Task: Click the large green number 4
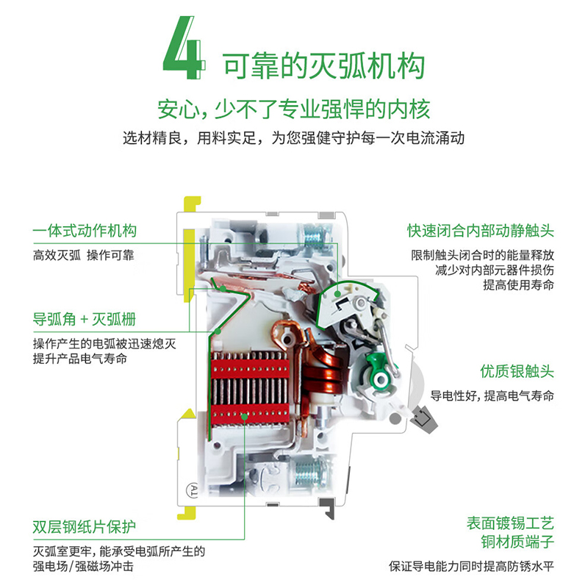click(x=184, y=48)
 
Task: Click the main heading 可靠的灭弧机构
click(x=323, y=66)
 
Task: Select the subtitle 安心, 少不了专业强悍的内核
click(x=293, y=109)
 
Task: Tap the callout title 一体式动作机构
click(x=85, y=230)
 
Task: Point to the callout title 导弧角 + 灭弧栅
click(x=85, y=320)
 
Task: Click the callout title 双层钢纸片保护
click(x=84, y=527)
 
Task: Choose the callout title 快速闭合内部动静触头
click(x=481, y=231)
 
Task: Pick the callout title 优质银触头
click(x=517, y=371)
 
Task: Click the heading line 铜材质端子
click(x=517, y=542)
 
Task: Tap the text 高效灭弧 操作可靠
click(x=83, y=255)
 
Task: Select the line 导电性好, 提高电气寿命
click(x=492, y=395)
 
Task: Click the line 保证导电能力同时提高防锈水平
click(x=471, y=566)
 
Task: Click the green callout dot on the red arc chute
click(x=245, y=416)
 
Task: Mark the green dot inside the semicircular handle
click(x=338, y=293)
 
